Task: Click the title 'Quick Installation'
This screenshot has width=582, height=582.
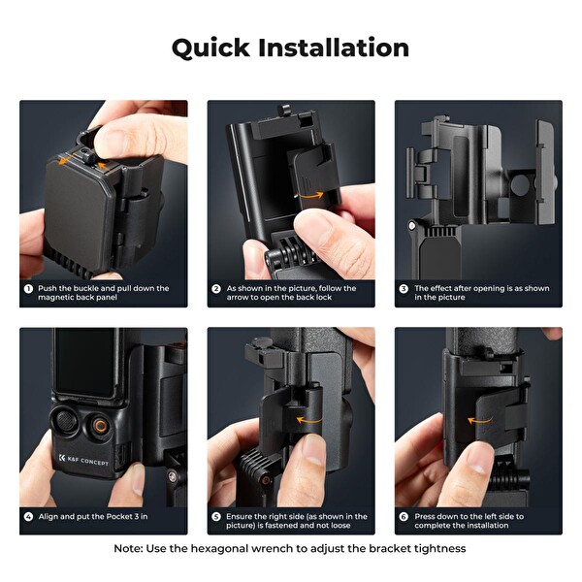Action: (290, 48)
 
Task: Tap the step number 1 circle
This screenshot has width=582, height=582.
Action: (29, 288)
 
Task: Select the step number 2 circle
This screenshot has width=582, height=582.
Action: (216, 288)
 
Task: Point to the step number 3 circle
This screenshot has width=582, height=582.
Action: (404, 288)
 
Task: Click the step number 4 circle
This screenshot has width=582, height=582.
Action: (29, 517)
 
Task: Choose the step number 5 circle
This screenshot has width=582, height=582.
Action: (216, 517)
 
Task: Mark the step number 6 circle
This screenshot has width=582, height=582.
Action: (404, 517)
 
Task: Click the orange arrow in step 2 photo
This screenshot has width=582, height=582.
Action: (310, 196)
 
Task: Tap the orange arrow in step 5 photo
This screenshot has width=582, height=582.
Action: (309, 420)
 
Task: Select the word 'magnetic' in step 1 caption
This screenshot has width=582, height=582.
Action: (56, 298)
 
